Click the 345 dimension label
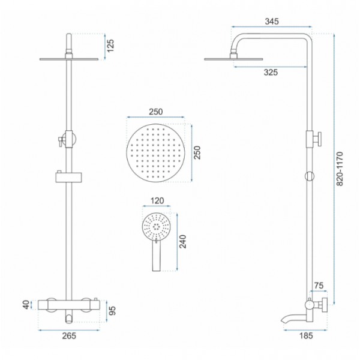click(272, 22)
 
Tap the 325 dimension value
click(271, 73)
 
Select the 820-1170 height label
click(340, 169)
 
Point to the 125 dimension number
click(110, 46)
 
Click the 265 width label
click(69, 336)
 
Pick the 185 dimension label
click(306, 336)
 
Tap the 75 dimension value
click(319, 286)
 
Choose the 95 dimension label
click(112, 311)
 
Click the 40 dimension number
click(27, 305)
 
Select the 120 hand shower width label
click(157, 200)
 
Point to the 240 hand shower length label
click(183, 241)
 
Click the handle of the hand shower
click(157, 256)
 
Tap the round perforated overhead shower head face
click(155, 153)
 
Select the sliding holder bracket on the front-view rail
click(68, 177)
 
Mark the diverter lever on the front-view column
click(61, 141)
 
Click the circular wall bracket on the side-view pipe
click(309, 176)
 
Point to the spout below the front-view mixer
click(68, 318)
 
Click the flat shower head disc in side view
click(233, 59)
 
